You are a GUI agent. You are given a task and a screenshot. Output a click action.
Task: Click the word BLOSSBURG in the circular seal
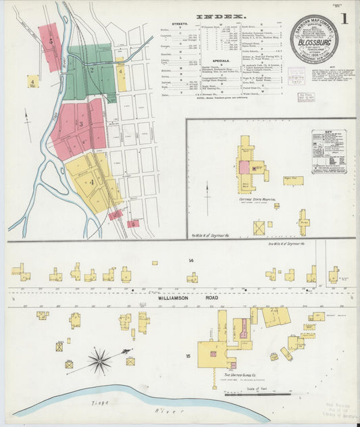314,40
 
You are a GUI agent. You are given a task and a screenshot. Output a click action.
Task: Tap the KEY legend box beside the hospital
328,152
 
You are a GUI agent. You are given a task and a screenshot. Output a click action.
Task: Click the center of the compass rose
99,360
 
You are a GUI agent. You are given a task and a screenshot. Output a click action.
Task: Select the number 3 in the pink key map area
80,124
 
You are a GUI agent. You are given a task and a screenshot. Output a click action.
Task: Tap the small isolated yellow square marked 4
32,82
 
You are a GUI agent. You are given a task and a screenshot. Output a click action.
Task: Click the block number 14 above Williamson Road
191,260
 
